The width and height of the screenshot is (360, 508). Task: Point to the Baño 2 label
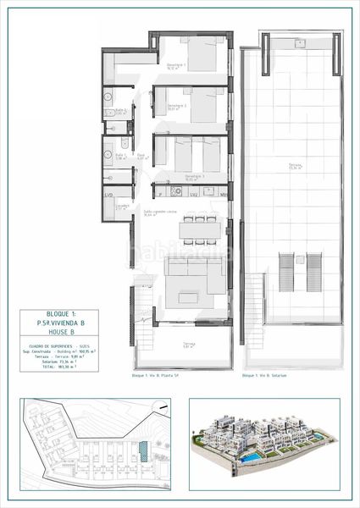click(x=121, y=110)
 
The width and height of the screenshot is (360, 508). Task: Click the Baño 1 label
click(x=121, y=155)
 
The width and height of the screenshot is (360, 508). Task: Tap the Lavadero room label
click(x=122, y=205)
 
